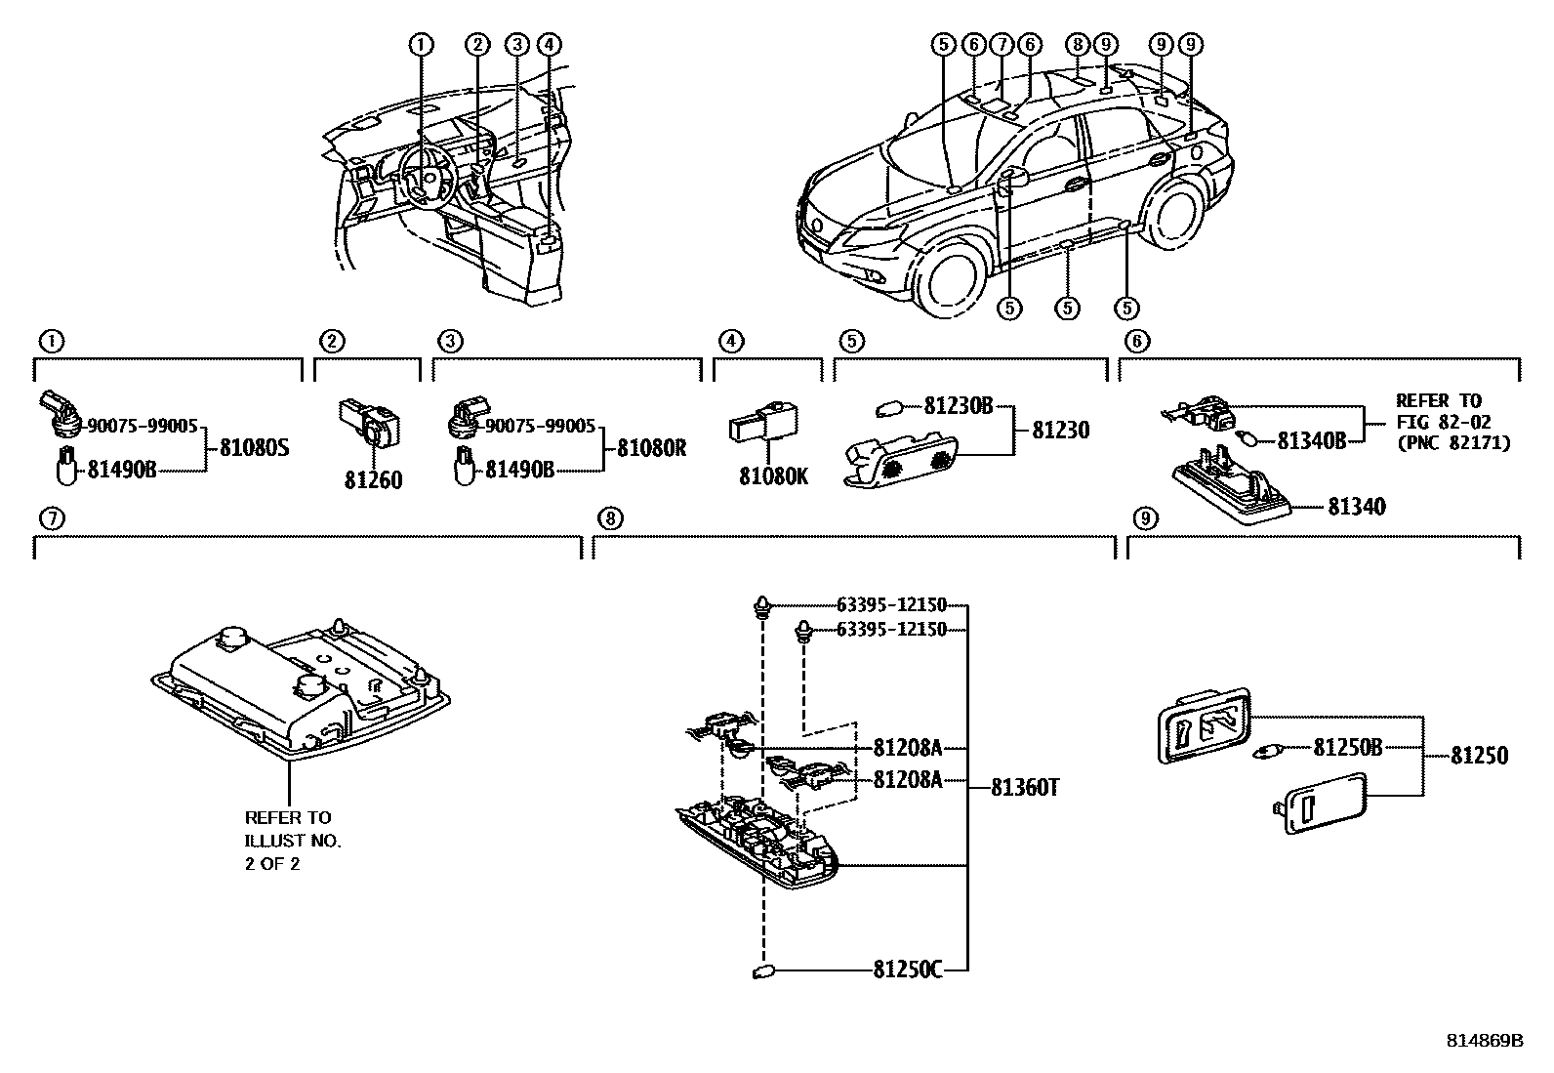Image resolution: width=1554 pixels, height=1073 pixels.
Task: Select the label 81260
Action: (x=373, y=480)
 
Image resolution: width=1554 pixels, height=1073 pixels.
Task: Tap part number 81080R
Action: (x=652, y=449)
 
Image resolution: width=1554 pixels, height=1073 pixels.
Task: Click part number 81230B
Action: (x=958, y=406)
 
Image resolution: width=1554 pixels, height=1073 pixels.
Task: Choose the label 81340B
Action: (x=1312, y=441)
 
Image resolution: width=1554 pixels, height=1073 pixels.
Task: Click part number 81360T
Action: (x=1025, y=786)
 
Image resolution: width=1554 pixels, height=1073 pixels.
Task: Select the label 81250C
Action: (x=907, y=970)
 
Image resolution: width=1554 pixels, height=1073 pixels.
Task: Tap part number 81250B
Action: (x=1347, y=748)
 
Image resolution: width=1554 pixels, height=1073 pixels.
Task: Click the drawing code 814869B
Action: (x=1484, y=1041)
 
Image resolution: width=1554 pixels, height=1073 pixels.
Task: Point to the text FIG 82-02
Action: (x=1438, y=422)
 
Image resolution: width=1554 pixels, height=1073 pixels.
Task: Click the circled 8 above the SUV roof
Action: (x=1077, y=44)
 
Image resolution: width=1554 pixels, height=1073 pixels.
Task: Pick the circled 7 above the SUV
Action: (x=1001, y=44)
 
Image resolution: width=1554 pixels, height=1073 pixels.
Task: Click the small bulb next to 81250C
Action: (x=763, y=971)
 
